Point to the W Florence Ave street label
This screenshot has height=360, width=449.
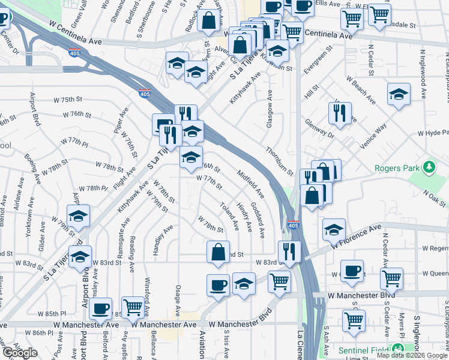point(355,236)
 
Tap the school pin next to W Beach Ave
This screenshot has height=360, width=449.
point(399,95)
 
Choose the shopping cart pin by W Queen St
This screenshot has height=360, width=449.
point(391,278)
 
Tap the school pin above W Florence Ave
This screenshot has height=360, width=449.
point(334,229)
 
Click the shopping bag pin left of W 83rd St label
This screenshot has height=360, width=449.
point(218,252)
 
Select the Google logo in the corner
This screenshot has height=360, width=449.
point(20,353)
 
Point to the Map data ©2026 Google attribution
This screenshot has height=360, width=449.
point(411,355)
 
